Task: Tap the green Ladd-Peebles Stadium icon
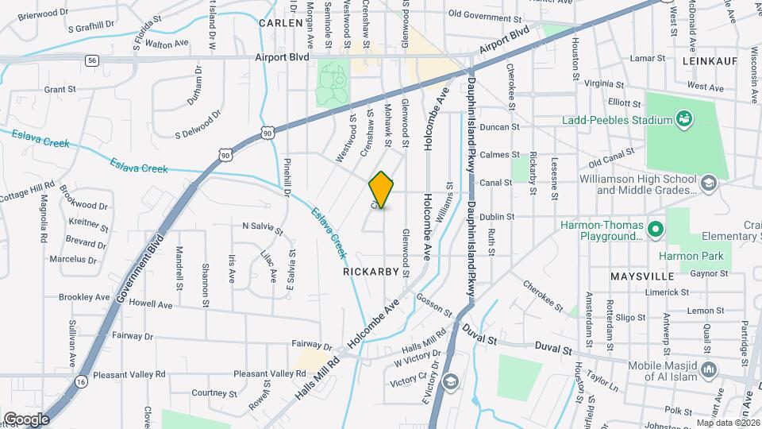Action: [x=683, y=120]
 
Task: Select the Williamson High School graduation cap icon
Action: [x=708, y=184]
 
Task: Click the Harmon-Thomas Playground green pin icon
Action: [x=655, y=230]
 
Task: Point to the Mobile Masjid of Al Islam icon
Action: [x=710, y=369]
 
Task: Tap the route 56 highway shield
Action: [x=93, y=60]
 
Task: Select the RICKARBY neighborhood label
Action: [x=369, y=272]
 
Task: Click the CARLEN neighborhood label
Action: [x=282, y=24]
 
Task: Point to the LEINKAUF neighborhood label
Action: [x=709, y=60]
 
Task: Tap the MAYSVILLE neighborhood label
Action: [x=642, y=276]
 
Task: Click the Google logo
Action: [x=26, y=419]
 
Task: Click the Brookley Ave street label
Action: [x=84, y=297]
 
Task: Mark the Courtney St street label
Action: [x=210, y=392]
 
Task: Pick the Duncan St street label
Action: [x=501, y=126]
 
